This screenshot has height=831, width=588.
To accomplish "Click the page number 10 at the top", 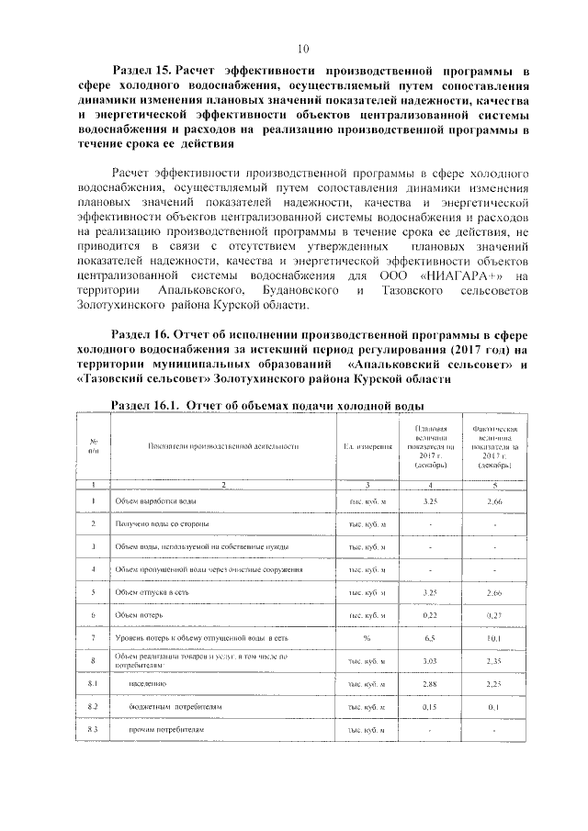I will click(x=303, y=48).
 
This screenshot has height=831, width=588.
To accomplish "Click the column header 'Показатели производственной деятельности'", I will click(x=223, y=446).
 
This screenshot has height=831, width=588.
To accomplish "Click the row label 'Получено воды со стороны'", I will click(x=162, y=524).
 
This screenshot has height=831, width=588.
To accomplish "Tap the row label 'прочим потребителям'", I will click(x=170, y=730).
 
